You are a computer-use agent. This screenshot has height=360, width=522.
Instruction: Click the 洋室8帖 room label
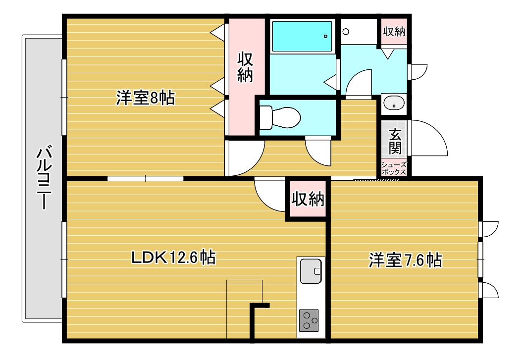pyautogui.click(x=145, y=98)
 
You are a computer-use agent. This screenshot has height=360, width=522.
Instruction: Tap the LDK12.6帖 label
pyautogui.click(x=173, y=257)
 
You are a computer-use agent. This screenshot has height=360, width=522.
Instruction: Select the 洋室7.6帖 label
pyautogui.click(x=405, y=260)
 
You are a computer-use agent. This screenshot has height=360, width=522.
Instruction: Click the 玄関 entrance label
pyautogui.click(x=395, y=141)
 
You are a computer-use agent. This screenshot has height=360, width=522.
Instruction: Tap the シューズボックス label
pyautogui.click(x=394, y=168)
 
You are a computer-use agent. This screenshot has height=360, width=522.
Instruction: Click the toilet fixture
pyautogui.click(x=280, y=117)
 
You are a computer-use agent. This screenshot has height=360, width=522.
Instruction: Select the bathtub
pyautogui.click(x=302, y=36)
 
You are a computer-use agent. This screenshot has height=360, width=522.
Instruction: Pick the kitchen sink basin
pyautogui.click(x=311, y=271)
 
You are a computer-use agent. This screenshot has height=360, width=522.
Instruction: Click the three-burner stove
pyautogui.click(x=309, y=320)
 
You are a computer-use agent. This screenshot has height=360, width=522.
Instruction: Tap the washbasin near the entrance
pyautogui.click(x=394, y=102)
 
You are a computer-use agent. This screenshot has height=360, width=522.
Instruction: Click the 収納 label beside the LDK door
pyautogui.click(x=308, y=199)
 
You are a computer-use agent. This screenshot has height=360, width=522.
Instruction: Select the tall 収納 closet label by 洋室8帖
pyautogui.click(x=245, y=67)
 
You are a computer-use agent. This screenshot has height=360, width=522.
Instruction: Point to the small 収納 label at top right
pyautogui.click(x=394, y=32)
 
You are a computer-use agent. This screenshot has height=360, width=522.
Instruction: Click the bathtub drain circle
pyautogui.click(x=325, y=36)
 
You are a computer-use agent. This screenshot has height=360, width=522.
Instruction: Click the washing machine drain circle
pyautogui.click(x=346, y=32)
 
